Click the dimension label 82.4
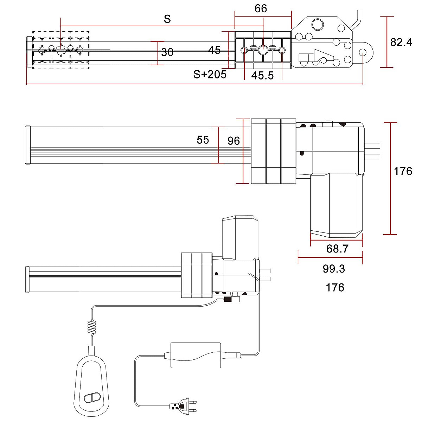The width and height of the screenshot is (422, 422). pyautogui.click(x=401, y=42)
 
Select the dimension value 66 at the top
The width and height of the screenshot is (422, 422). pyautogui.click(x=261, y=8)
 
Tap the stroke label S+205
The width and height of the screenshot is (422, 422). pyautogui.click(x=210, y=74)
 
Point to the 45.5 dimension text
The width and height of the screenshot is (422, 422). pyautogui.click(x=262, y=75)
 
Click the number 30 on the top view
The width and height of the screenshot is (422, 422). pyautogui.click(x=167, y=52)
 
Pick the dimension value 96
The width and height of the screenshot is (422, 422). pyautogui.click(x=234, y=141)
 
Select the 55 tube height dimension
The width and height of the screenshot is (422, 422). pyautogui.click(x=203, y=140)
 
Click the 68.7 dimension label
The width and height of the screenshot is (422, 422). pyautogui.click(x=337, y=249)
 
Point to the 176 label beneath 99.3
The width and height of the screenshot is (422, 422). pyautogui.click(x=335, y=287)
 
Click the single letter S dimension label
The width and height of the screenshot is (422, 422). pyautogui.click(x=167, y=19)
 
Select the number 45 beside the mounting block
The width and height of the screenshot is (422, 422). pyautogui.click(x=215, y=50)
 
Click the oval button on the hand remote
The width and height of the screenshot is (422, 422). pyautogui.click(x=92, y=397)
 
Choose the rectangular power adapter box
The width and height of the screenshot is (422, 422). pyautogui.click(x=196, y=355)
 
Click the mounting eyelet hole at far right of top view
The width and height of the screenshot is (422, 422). pyautogui.click(x=363, y=52)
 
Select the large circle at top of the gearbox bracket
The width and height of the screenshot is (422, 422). pyautogui.click(x=318, y=25)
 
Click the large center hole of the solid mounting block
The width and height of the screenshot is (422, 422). pyautogui.click(x=263, y=50)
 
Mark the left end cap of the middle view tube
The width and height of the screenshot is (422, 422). pyautogui.click(x=28, y=145)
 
